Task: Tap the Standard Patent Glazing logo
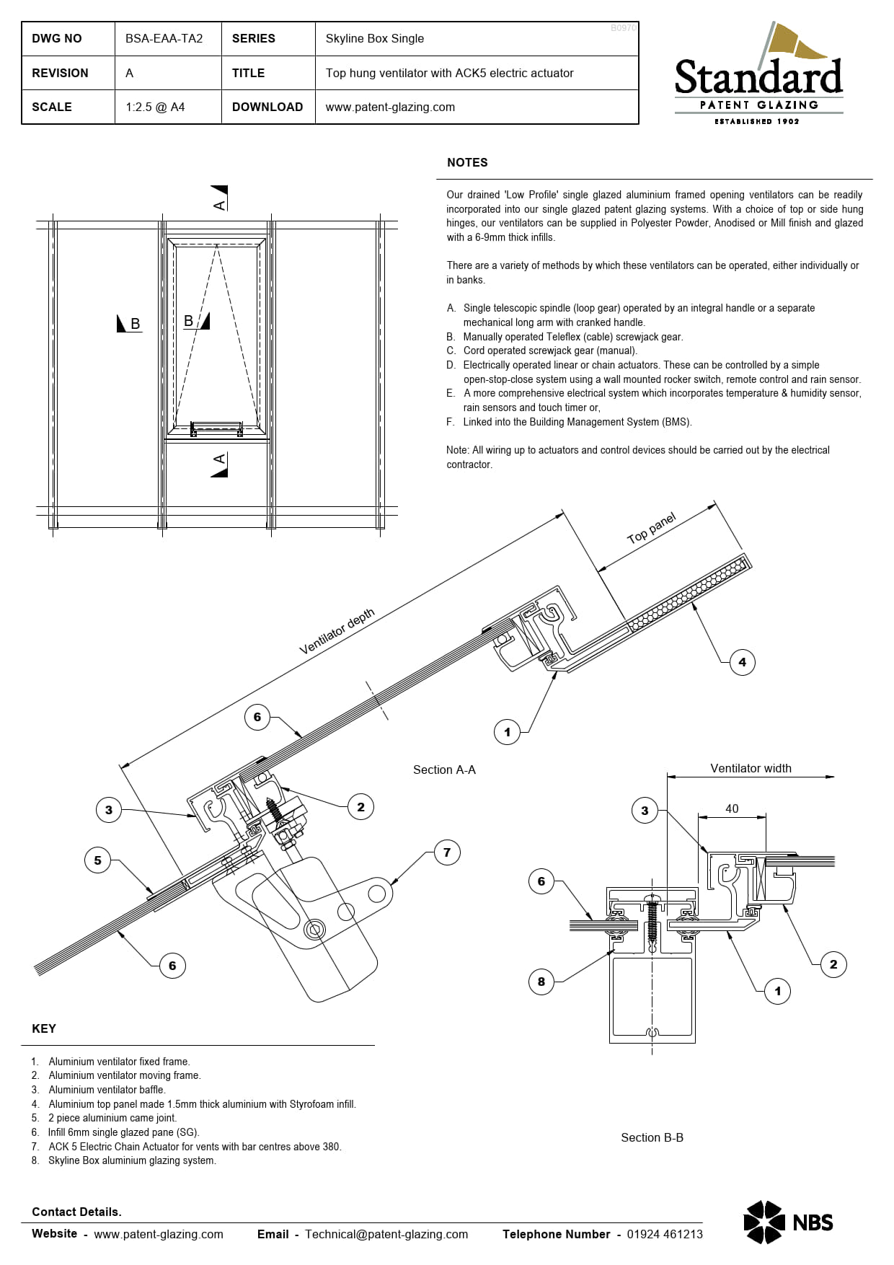pyautogui.click(x=758, y=74)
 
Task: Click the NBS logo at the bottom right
pyautogui.click(x=788, y=1222)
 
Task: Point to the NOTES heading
pyautogui.click(x=467, y=162)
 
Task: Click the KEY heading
pyautogui.click(x=44, y=1028)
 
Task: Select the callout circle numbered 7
pyautogui.click(x=447, y=852)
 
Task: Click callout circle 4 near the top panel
pyautogui.click(x=743, y=662)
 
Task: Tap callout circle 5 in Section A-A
pyautogui.click(x=98, y=860)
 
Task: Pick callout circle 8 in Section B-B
pyautogui.click(x=541, y=981)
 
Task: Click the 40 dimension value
pyautogui.click(x=732, y=808)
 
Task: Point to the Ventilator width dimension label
pyautogui.click(x=751, y=768)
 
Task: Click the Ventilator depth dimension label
pyautogui.click(x=337, y=631)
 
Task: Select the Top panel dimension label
pyautogui.click(x=652, y=528)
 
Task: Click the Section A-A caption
pyautogui.click(x=444, y=770)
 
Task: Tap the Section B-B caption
pyautogui.click(x=652, y=1137)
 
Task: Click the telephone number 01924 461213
pyautogui.click(x=665, y=1234)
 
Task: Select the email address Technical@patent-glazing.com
pyautogui.click(x=386, y=1234)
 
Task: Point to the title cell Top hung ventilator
pyautogui.click(x=449, y=73)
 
